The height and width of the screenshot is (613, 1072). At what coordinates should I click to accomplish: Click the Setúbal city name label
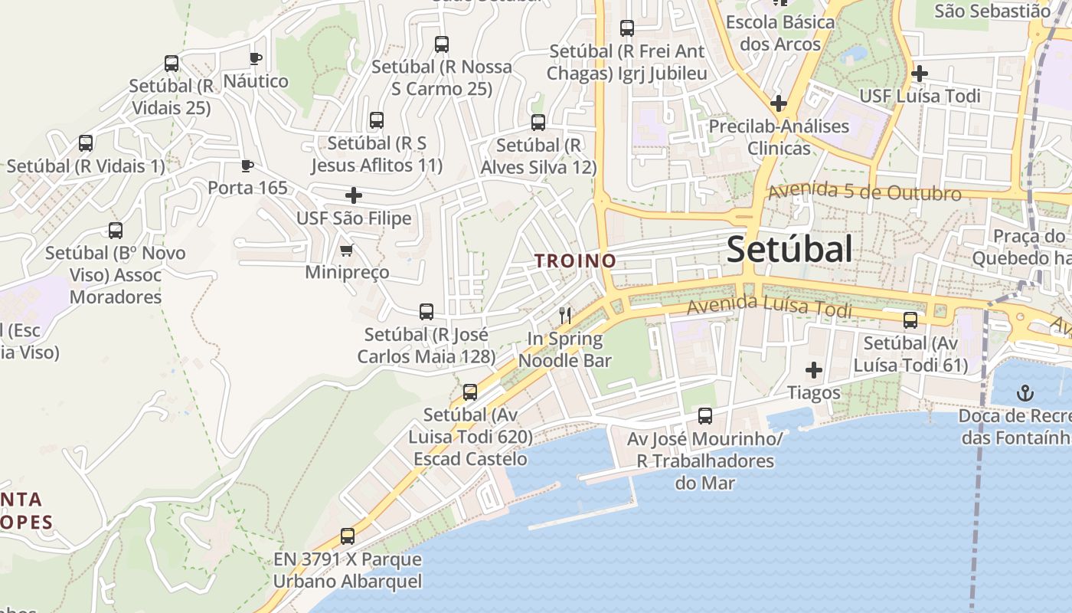point(789,249)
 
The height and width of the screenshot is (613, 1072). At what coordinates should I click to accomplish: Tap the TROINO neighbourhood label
point(576,261)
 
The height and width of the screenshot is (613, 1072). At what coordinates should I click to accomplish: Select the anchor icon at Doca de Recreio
point(1025,393)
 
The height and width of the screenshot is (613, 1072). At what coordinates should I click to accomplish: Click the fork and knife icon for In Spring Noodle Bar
point(565,315)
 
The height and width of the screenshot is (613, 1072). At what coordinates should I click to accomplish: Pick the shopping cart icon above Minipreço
point(346,250)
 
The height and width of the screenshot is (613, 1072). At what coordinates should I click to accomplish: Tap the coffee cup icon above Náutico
point(255,58)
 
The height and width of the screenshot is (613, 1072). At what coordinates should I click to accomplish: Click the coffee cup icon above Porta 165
point(247,166)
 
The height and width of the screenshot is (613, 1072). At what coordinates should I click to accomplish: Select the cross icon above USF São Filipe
point(353,195)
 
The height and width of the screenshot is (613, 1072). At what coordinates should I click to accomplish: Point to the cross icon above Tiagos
point(813,370)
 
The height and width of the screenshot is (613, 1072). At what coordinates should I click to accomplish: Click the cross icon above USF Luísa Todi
point(920,74)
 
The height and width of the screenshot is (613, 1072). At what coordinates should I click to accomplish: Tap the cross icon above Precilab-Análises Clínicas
point(779,103)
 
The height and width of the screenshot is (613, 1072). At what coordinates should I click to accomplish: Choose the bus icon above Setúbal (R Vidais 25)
point(172,64)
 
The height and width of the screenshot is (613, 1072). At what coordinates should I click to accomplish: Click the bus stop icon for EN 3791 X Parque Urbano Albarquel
point(348,536)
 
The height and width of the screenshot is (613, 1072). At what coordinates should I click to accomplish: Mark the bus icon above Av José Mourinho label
point(704,416)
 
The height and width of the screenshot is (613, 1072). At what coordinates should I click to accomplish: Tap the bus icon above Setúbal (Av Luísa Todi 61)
point(910,320)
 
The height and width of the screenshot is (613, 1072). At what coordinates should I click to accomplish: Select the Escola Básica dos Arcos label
point(779,33)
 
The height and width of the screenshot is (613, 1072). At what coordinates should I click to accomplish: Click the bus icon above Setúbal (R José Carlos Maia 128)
point(427,312)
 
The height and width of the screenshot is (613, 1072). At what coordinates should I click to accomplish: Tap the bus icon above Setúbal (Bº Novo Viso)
point(116,230)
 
